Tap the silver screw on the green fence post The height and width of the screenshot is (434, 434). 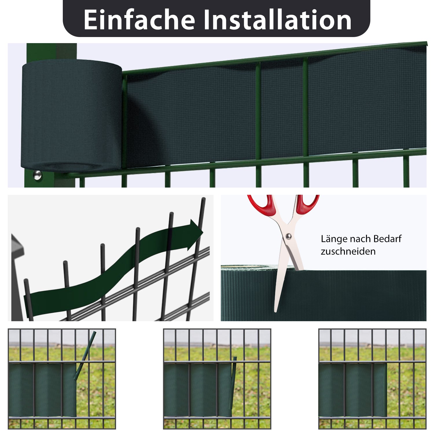[x=37, y=175]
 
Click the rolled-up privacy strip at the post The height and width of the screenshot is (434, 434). [x=71, y=116]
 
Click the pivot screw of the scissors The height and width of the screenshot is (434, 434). [x=288, y=237]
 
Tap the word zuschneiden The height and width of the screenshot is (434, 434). [x=348, y=251]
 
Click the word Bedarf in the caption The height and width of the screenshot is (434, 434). [x=387, y=239]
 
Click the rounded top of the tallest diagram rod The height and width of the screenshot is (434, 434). [x=203, y=199]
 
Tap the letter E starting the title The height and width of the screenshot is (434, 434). [x=90, y=20]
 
